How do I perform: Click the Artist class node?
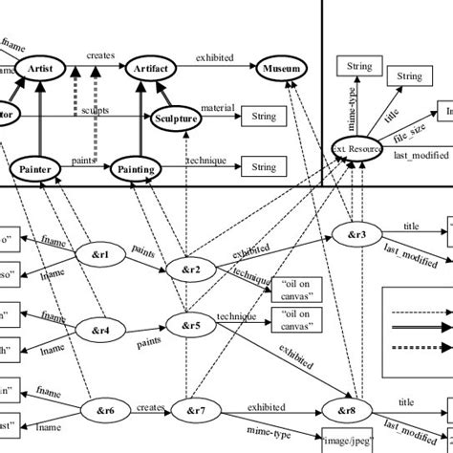(40, 70)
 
